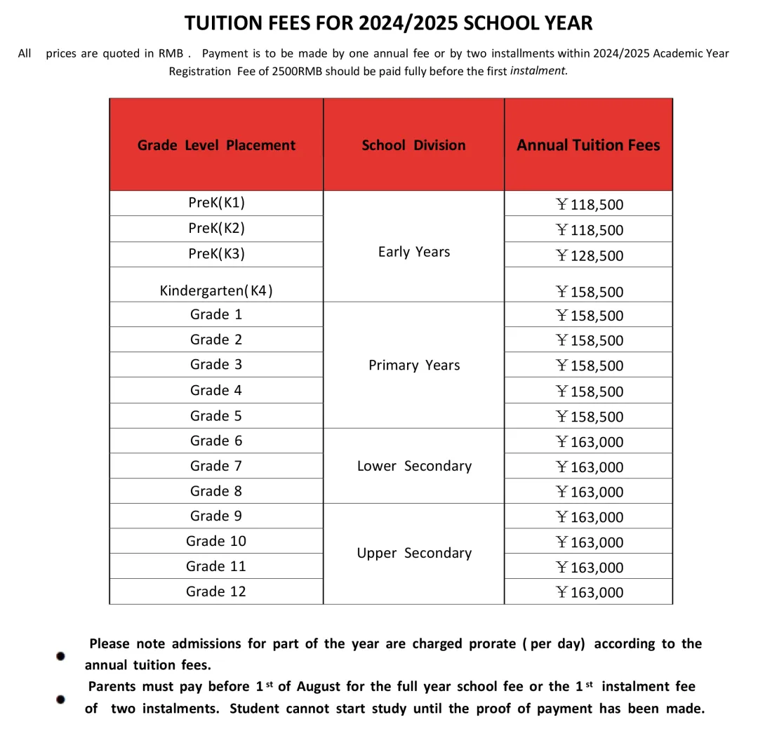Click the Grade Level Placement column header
pos(216,145)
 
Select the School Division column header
pos(413,145)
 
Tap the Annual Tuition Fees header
pos(588,145)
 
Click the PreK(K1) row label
pos(216,203)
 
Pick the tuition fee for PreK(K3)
pos(589,255)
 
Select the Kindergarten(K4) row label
pos(216,290)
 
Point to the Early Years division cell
pos(413,252)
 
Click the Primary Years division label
pos(413,365)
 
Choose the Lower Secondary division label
pos(413,466)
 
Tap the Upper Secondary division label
pos(413,553)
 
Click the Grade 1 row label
pos(216,314)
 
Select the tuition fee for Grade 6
pos(589,442)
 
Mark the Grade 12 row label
pos(216,591)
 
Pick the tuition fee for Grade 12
pos(589,593)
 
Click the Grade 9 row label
pos(216,516)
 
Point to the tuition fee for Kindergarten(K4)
pos(589,292)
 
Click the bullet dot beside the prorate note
pos(61,656)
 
